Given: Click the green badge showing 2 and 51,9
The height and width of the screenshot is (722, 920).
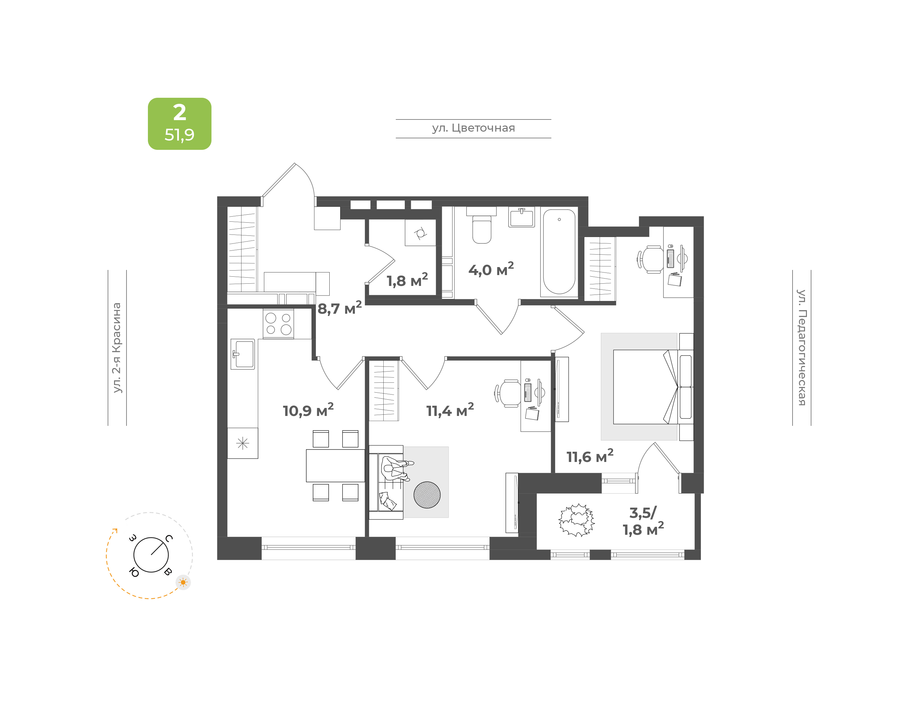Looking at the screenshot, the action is tap(179, 123).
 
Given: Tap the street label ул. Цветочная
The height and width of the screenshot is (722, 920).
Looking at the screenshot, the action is tap(473, 128).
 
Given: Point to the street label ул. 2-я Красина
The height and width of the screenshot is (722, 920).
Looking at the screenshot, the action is tap(117, 348).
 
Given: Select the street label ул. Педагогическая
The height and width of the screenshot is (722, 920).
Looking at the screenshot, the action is tap(801, 348).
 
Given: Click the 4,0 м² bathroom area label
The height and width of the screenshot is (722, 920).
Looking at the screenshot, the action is tap(491, 269).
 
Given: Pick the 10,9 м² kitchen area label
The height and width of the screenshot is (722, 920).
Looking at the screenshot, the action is tap(308, 410).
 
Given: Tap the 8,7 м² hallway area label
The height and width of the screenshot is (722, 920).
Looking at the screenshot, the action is tap(339, 308).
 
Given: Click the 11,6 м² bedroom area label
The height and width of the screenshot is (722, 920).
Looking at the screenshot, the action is tap(589, 456).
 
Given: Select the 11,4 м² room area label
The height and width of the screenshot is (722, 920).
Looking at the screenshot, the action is tap(450, 410).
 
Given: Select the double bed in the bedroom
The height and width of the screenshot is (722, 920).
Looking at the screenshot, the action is tap(653, 387).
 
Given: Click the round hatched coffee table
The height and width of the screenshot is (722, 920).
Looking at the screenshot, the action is tap(427, 495).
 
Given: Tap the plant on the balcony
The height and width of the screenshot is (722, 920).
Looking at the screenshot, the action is tap(576, 520).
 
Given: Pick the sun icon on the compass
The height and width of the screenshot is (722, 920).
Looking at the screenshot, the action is tap(183, 582).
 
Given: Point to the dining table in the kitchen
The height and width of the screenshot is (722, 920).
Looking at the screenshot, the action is tap(335, 465).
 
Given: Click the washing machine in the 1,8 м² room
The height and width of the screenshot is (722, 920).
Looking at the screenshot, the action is tap(420, 233).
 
